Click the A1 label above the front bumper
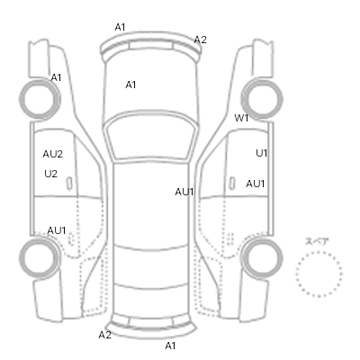(x=120, y=27)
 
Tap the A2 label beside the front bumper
(x=200, y=40)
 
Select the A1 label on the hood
(x=130, y=85)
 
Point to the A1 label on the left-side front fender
(x=56, y=77)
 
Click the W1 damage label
(x=241, y=118)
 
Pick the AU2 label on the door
(x=53, y=154)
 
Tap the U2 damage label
(x=50, y=174)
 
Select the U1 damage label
(x=261, y=153)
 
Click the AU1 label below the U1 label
(x=256, y=184)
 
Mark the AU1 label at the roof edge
(x=184, y=192)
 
